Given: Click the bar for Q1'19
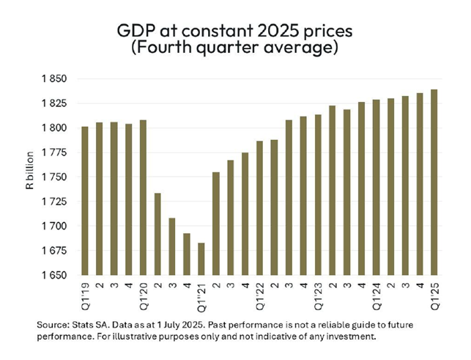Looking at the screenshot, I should click(86, 201).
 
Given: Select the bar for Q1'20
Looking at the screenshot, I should click(143, 197).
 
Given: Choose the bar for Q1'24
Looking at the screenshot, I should click(375, 188).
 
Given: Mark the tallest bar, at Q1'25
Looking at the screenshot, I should click(434, 183).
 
